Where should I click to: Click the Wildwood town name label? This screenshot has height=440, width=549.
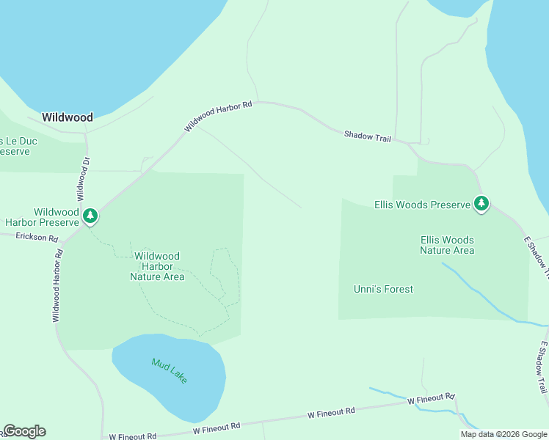click(x=68, y=117)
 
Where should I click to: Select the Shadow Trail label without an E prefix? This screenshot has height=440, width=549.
click(x=368, y=136)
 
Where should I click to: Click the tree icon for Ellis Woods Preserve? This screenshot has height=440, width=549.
click(x=481, y=203)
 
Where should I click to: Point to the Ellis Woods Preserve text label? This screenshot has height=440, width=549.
click(x=421, y=205)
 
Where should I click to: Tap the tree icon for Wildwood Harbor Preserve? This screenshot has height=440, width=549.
click(x=90, y=216)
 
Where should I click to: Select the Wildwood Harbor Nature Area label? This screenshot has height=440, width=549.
click(x=157, y=266)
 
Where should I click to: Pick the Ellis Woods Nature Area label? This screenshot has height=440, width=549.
click(x=447, y=245)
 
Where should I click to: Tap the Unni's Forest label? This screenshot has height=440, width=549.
click(x=383, y=289)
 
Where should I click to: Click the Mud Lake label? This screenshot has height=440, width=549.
click(x=170, y=370)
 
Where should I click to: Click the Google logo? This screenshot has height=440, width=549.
click(x=24, y=431)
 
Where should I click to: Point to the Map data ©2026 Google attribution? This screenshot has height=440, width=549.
click(x=503, y=434)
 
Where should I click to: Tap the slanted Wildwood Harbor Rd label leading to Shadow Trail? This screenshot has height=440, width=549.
click(x=218, y=117)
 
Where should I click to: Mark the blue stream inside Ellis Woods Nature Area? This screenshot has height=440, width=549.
click(x=477, y=293)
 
